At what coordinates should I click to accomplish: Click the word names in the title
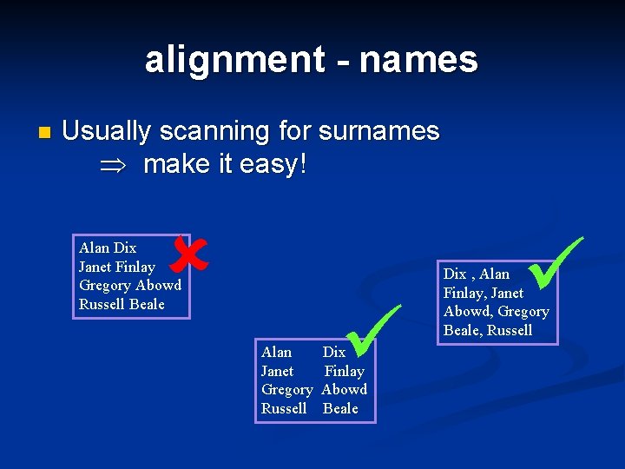click(x=418, y=60)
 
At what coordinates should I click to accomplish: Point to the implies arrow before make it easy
click(x=113, y=165)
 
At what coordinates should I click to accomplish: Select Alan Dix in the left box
click(x=108, y=248)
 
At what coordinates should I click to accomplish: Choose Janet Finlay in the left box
click(x=116, y=267)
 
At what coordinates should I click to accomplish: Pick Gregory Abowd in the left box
click(x=129, y=285)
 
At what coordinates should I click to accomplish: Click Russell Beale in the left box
click(x=121, y=304)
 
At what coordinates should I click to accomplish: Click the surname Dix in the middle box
click(x=333, y=352)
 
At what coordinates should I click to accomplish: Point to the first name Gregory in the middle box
click(x=286, y=389)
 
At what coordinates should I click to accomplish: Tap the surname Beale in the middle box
click(x=339, y=408)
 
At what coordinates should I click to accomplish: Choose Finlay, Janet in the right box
click(x=483, y=293)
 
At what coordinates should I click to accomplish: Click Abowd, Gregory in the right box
click(x=496, y=311)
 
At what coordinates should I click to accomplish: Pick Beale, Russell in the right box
click(x=487, y=330)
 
